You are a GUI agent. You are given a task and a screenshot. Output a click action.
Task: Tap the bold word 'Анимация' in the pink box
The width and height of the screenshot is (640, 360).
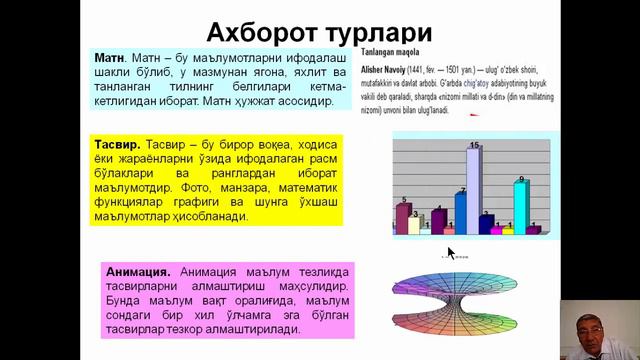(136, 271)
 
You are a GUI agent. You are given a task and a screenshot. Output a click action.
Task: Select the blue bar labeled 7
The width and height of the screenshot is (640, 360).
(460, 212)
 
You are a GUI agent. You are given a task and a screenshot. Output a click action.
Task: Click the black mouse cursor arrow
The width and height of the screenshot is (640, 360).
(451, 254)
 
